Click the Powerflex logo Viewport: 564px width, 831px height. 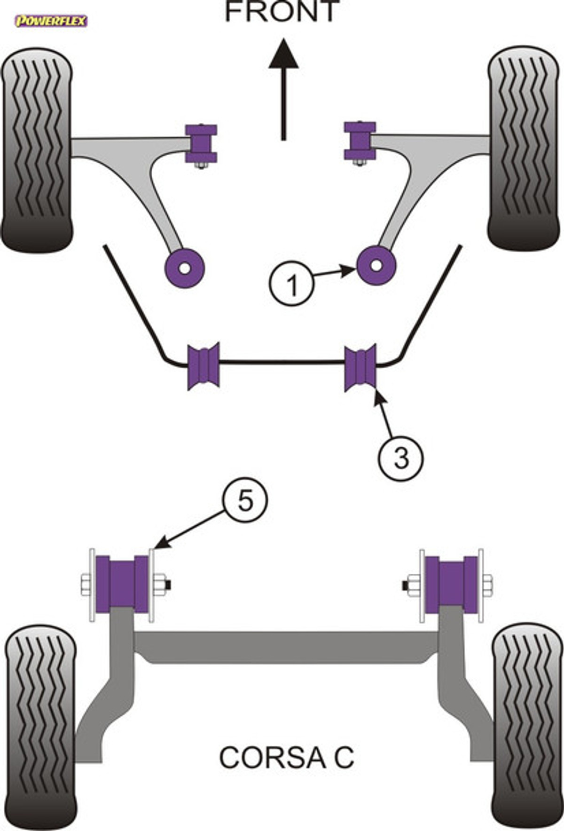point(51,21)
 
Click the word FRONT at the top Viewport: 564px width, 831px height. point(282,12)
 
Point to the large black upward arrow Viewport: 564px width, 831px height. point(283,89)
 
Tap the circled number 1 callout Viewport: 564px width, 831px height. point(291,284)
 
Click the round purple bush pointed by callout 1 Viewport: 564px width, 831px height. point(376,265)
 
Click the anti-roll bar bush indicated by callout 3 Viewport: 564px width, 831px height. point(360,367)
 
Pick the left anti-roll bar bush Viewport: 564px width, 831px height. point(203,366)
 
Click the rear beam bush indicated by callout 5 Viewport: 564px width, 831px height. point(122,584)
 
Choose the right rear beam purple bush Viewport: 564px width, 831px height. point(452,585)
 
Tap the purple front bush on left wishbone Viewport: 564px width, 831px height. point(201,143)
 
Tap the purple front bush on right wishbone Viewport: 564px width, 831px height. point(360,140)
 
